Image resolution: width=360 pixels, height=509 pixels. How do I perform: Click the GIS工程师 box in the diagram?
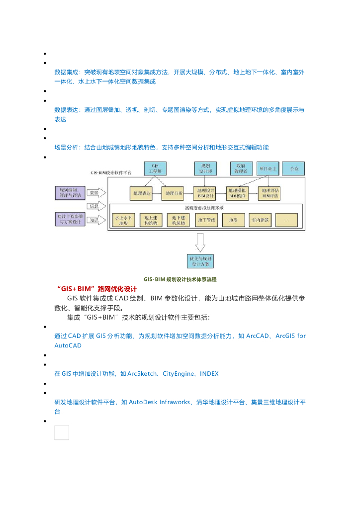pos(155,169)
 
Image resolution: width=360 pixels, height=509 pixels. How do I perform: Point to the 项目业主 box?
pos(269,169)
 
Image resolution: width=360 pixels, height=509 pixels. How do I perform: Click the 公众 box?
pos(294,169)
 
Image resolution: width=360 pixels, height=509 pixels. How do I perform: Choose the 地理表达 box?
pos(140,193)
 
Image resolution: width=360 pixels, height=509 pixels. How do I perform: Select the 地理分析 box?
pos(174,193)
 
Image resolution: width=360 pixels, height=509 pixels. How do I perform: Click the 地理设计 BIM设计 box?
pos(205,193)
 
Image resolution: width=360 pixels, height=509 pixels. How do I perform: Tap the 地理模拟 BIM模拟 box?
pos(238,193)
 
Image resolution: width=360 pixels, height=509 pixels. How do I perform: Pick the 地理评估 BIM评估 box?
pos(270,193)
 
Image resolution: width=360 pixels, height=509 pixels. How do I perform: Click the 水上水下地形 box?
pos(124,220)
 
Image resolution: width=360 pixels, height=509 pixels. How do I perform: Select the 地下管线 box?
pos(206,220)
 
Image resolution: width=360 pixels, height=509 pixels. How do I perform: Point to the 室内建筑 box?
pos(260,220)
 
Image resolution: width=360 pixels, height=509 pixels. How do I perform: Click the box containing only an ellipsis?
pos(286,220)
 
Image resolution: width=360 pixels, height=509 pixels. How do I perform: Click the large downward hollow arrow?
pos(200,242)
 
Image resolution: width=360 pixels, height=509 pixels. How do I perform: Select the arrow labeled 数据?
pos(96,192)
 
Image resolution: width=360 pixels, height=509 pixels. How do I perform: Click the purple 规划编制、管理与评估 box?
pos(70,192)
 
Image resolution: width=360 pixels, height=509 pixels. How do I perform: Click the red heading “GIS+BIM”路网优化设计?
pos(97,288)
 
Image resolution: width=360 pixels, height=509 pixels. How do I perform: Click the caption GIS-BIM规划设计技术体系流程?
pos(180,279)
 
